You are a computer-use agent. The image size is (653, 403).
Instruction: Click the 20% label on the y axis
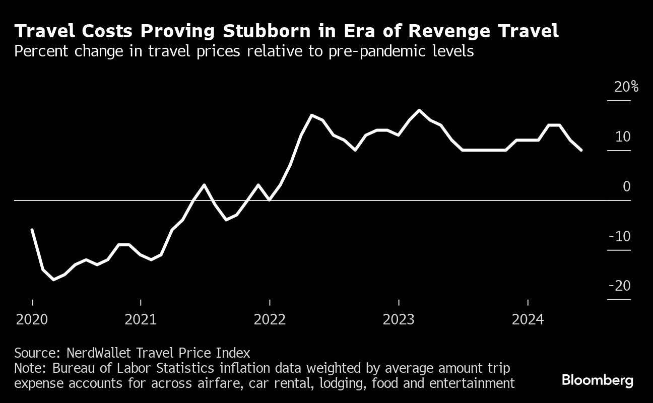(626, 87)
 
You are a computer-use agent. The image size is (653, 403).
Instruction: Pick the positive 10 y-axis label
(622, 137)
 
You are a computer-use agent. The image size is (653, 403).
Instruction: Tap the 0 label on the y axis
(626, 186)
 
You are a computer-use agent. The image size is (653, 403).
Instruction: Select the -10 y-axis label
(619, 236)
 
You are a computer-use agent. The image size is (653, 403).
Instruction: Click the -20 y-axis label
(619, 286)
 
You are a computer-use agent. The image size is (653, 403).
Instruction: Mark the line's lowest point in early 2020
(53, 279)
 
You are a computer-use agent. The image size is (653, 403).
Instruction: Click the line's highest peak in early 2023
(420, 110)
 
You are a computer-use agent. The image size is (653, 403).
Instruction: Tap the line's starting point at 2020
(32, 230)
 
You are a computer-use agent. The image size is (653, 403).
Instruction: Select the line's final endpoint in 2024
(581, 150)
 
